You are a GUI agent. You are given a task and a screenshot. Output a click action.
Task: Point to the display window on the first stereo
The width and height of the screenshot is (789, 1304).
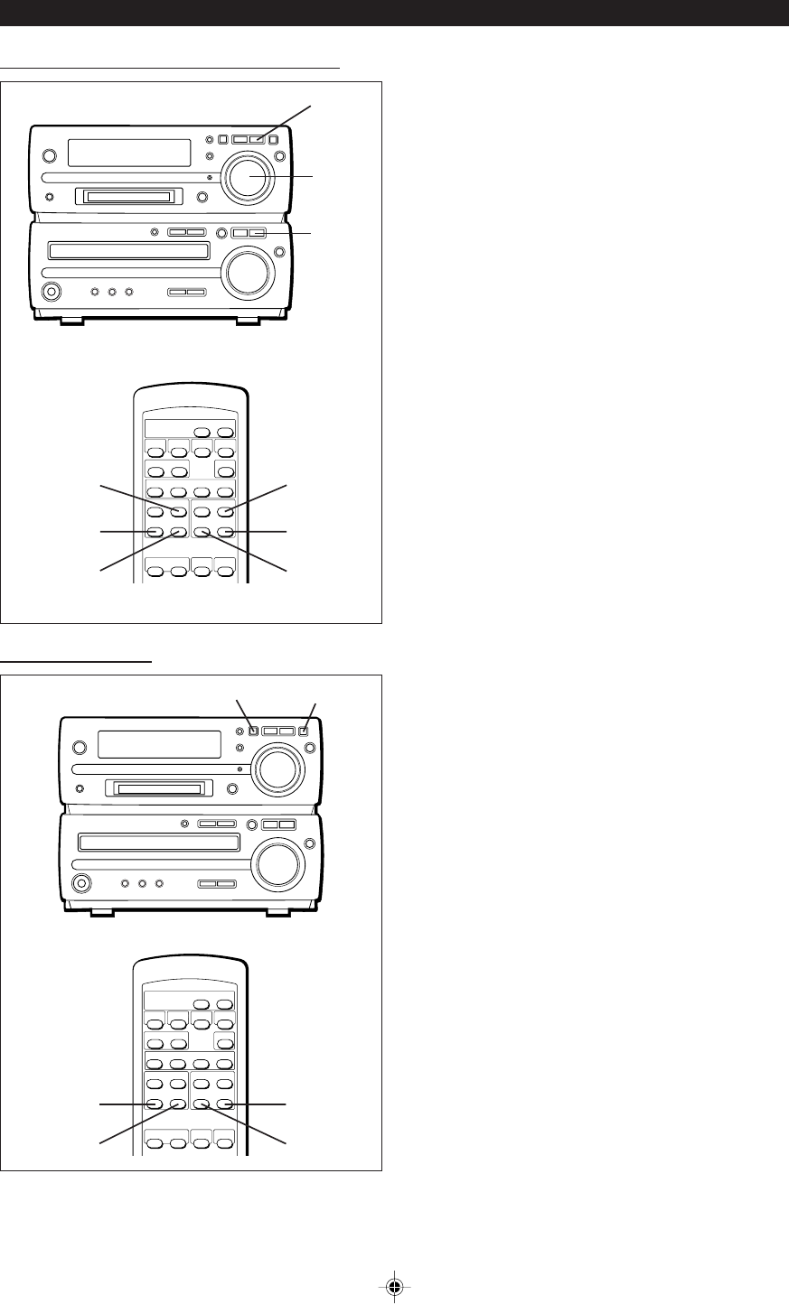pos(129,153)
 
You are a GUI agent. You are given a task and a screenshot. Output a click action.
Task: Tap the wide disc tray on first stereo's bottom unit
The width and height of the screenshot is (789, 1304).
pos(128,251)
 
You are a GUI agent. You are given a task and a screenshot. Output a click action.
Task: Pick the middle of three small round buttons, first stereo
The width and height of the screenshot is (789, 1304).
pos(112,292)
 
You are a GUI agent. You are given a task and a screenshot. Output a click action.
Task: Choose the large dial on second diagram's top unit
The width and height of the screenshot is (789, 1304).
pos(277,768)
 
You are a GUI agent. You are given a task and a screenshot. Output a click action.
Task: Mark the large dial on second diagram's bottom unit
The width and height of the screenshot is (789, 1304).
pos(277,864)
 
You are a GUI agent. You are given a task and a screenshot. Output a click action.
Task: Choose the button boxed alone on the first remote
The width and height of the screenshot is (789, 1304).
pos(224,471)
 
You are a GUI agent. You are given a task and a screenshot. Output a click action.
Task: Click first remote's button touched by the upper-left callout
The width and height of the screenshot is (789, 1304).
pos(178,512)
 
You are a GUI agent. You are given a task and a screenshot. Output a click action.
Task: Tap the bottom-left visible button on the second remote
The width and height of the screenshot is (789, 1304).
pos(155,1142)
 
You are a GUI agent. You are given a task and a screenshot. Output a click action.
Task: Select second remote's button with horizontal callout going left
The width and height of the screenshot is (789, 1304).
pos(155,1104)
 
